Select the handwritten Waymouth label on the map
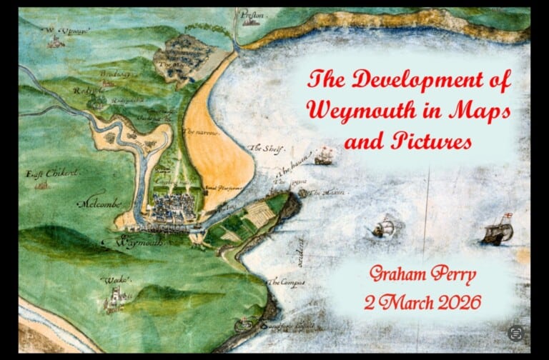136,243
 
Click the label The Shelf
266,149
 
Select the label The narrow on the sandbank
200,132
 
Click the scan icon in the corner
515,333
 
